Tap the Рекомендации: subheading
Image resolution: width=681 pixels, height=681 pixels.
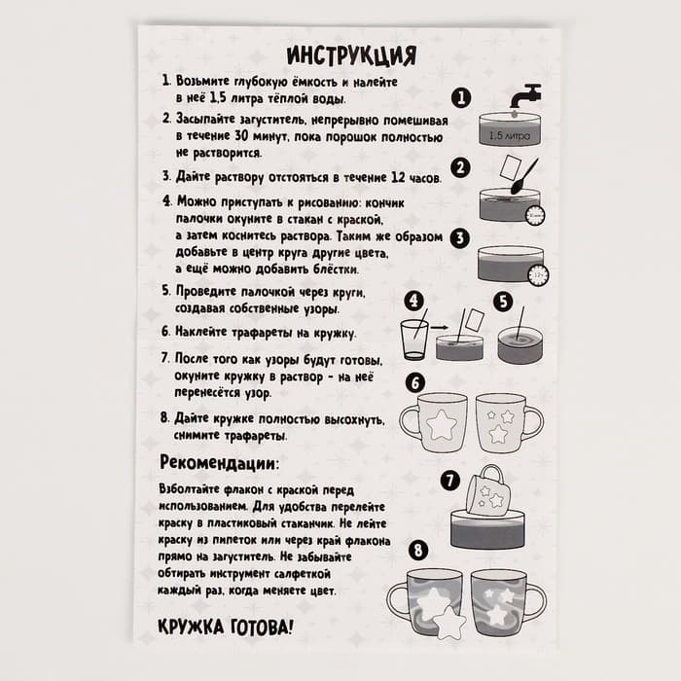coord(219,461)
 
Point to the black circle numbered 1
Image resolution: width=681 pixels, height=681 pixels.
coord(461,98)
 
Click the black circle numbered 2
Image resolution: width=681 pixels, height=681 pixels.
coord(461,167)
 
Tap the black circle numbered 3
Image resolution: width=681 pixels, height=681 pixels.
coord(461,236)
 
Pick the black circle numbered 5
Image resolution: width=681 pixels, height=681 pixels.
coord(502,301)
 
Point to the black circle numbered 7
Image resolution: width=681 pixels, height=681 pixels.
coord(448,480)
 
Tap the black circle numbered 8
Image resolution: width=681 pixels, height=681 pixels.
coord(417,551)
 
